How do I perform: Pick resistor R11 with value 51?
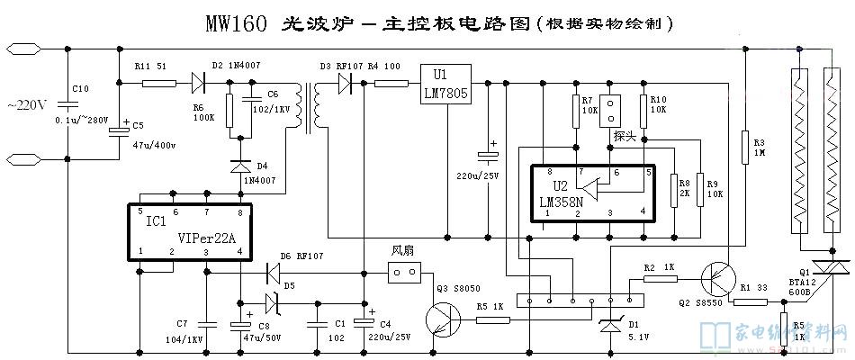pyautogui.click(x=159, y=84)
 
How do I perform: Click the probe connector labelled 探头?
pyautogui.click(x=612, y=111)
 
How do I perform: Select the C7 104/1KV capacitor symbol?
pyautogui.click(x=206, y=321)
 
